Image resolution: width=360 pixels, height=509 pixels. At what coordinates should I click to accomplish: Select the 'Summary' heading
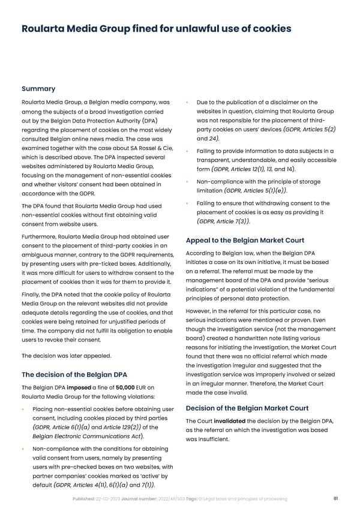pyautogui.click(x=38, y=89)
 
